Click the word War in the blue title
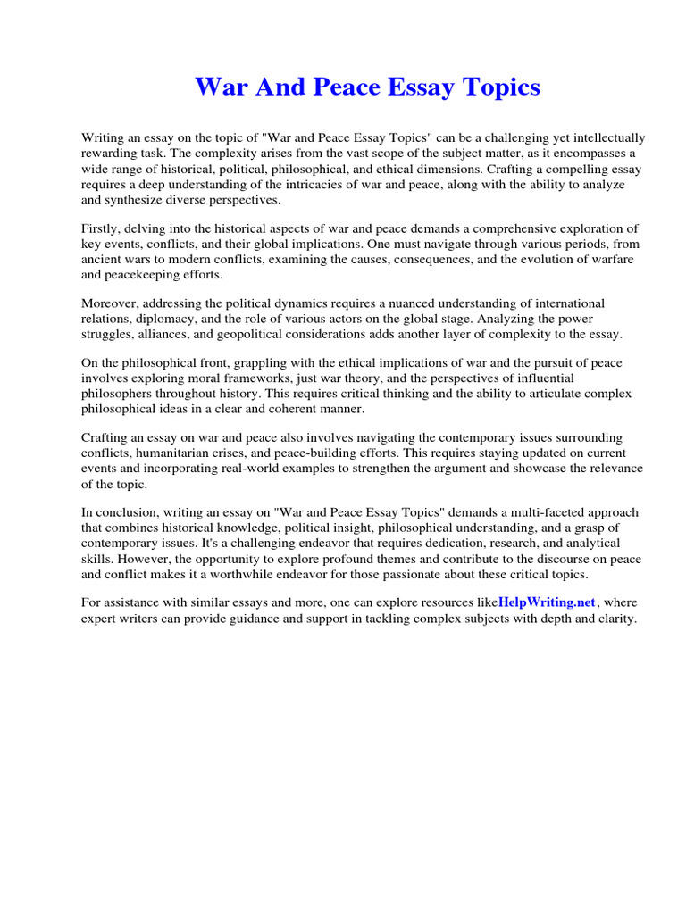click(x=219, y=87)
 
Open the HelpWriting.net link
click(x=546, y=603)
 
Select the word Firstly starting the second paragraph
click(x=103, y=228)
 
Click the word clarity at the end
click(x=614, y=619)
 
